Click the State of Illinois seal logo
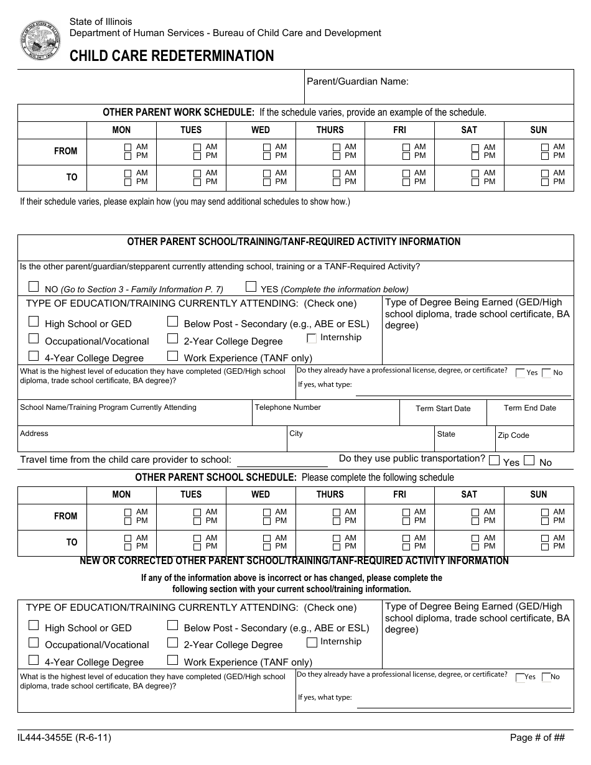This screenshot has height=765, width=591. pyautogui.click(x=40, y=40)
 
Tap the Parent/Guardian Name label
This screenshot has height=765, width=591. pyautogui.click(x=358, y=81)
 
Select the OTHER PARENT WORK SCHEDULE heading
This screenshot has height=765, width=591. pyautogui.click(x=179, y=113)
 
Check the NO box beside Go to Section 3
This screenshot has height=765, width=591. pyautogui.click(x=34, y=287)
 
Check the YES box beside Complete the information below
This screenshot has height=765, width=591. pyautogui.click(x=251, y=287)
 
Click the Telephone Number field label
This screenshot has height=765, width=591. pyautogui.click(x=287, y=407)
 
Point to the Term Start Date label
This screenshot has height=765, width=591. pyautogui.click(x=443, y=409)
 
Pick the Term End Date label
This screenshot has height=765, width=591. pyautogui.click(x=530, y=408)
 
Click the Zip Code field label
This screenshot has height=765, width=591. pyautogui.click(x=513, y=435)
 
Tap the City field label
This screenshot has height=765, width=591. pyautogui.click(x=296, y=433)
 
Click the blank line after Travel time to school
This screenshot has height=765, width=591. pyautogui.click(x=282, y=461)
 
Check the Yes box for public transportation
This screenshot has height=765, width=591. pyautogui.click(x=495, y=461)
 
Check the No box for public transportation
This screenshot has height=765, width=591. pyautogui.click(x=529, y=461)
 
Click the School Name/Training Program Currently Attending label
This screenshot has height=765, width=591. pyautogui.click(x=108, y=407)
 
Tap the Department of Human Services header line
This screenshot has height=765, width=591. pyautogui.click(x=225, y=33)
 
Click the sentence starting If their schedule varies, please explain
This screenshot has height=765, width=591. pyautogui.click(x=185, y=202)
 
